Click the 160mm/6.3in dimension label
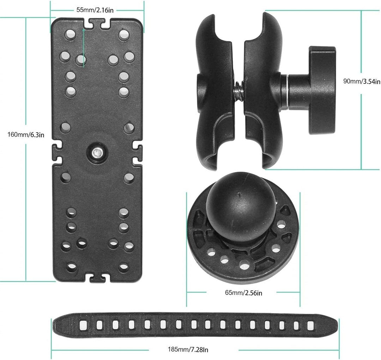point(26,134)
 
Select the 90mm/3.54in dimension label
point(362,81)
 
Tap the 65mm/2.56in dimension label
point(243,293)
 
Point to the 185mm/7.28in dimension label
point(188,350)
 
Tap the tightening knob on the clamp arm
point(322,90)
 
